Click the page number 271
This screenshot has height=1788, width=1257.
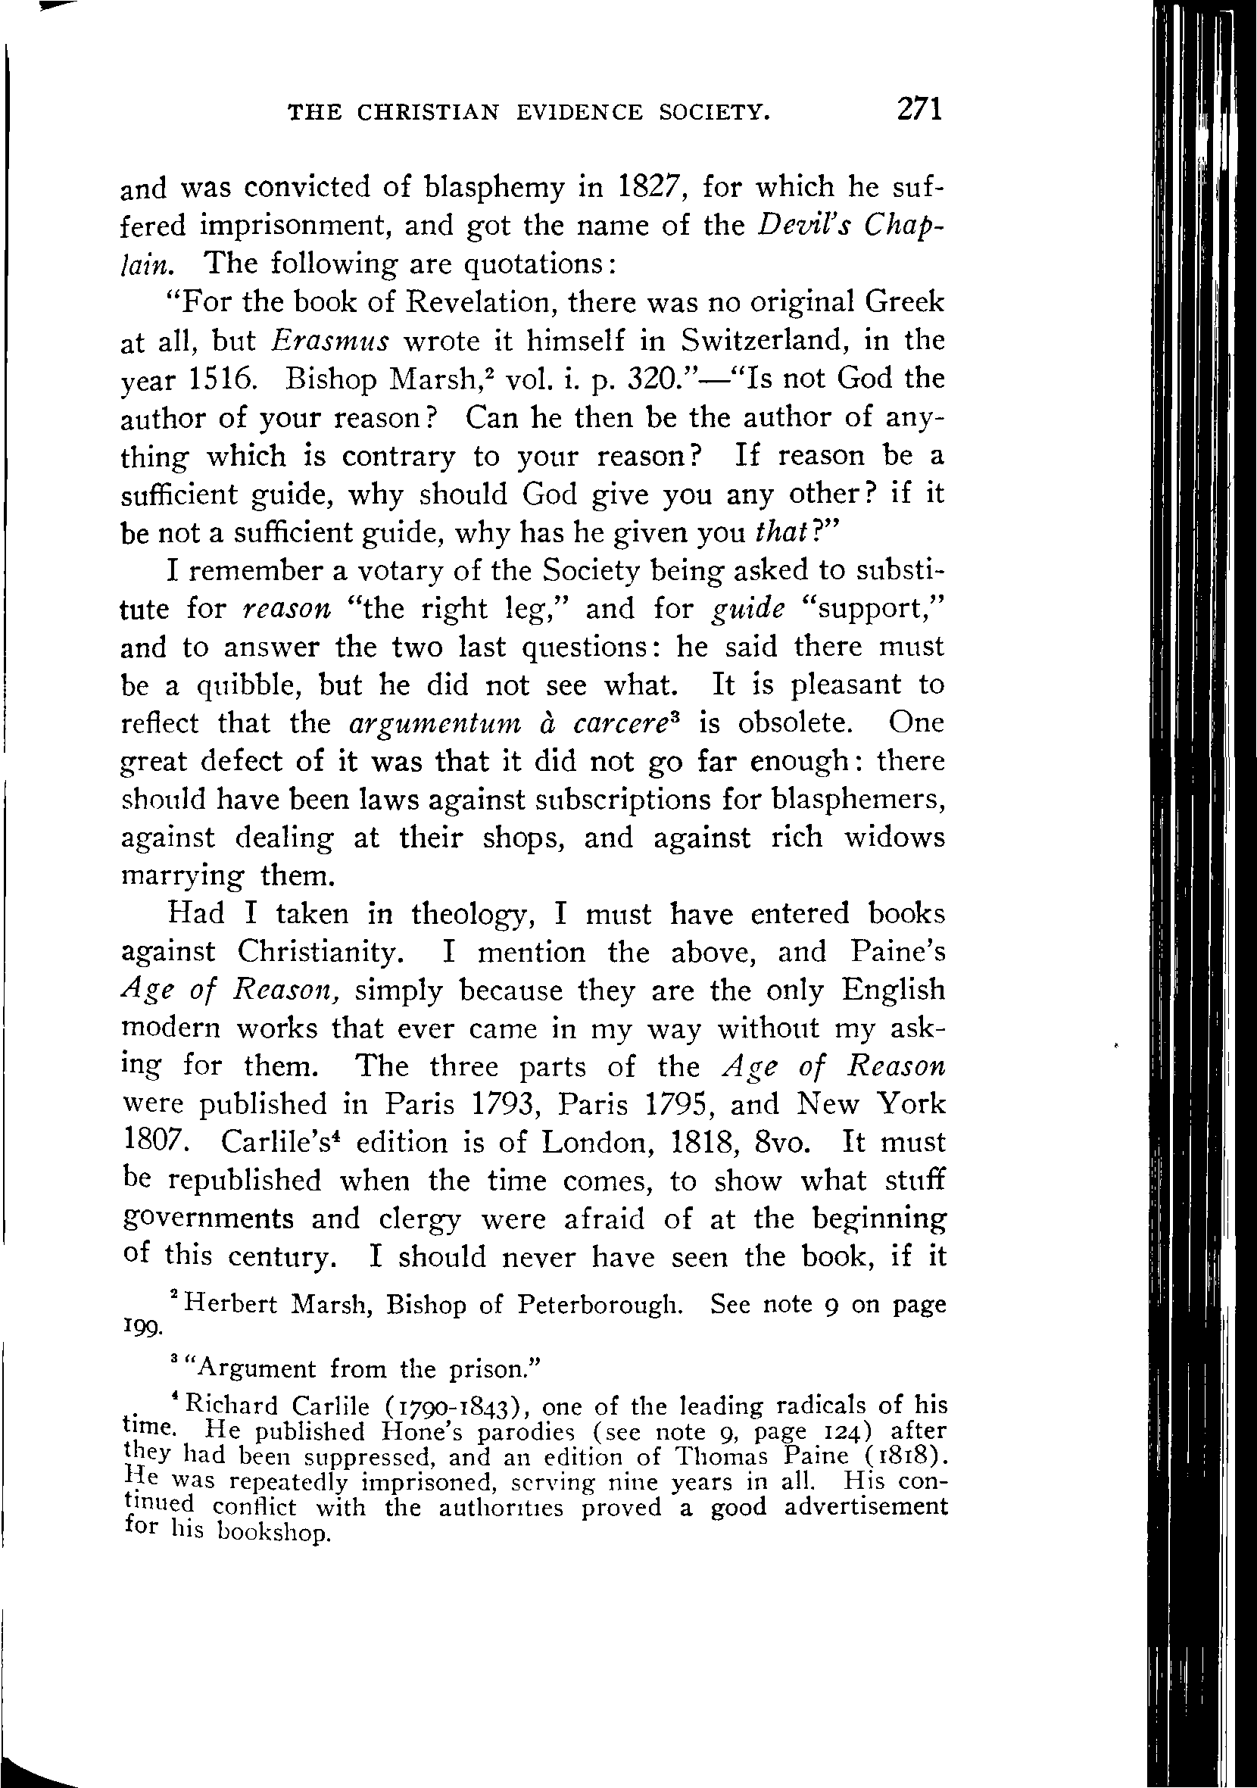coord(919,109)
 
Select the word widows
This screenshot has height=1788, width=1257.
coord(895,837)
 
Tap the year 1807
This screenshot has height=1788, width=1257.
coord(156,1144)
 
